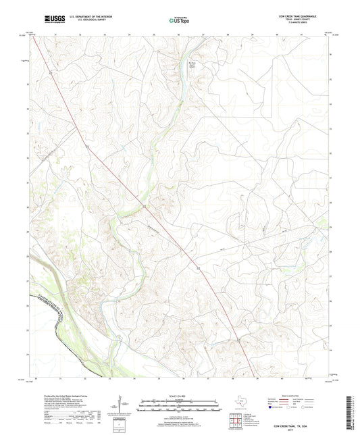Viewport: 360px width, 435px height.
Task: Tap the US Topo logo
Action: pos(178,20)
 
